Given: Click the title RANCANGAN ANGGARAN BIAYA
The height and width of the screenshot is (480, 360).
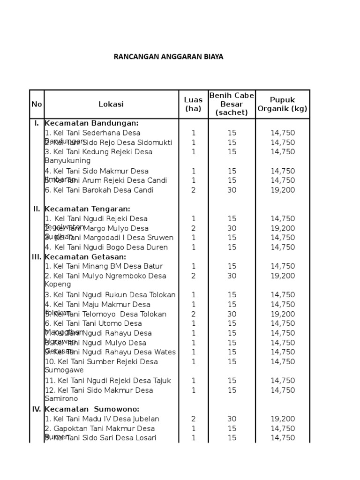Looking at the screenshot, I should click(x=169, y=57).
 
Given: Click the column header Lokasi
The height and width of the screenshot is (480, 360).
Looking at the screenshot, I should click(x=111, y=104).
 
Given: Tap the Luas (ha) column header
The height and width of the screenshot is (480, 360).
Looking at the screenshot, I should click(x=193, y=104).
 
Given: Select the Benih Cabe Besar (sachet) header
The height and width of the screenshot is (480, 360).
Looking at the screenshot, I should click(x=232, y=104).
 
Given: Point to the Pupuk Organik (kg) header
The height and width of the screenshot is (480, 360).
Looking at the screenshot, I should click(x=282, y=104).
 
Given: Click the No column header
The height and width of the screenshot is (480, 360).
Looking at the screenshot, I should click(x=37, y=104).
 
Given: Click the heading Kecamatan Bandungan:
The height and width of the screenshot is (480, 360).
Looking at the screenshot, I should click(x=91, y=123).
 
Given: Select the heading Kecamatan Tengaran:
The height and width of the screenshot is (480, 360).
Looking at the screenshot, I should click(x=87, y=209).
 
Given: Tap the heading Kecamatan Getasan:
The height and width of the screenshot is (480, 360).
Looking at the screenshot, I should click(x=85, y=257).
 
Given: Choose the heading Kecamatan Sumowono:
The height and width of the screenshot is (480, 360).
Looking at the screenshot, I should click(x=92, y=409).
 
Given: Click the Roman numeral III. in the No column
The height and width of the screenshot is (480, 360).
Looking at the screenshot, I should click(x=37, y=257).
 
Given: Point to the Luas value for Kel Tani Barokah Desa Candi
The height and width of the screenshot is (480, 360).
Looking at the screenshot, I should click(x=193, y=190).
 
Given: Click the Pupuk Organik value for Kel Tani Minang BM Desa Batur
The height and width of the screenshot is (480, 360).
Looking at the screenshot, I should click(x=282, y=266).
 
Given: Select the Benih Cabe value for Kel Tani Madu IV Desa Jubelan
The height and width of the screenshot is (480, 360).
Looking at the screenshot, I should click(x=232, y=419).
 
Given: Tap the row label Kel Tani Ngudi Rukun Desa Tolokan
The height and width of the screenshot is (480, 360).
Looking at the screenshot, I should click(x=110, y=295).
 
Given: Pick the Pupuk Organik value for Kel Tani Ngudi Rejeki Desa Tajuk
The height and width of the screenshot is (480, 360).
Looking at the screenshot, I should click(x=282, y=381).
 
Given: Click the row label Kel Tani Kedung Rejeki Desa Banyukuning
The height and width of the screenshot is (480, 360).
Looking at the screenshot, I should click(x=98, y=156).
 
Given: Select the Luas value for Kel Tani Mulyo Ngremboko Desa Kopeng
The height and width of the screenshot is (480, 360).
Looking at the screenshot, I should click(x=193, y=276).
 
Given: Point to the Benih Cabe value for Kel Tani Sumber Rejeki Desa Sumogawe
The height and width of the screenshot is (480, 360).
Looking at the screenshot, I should click(x=232, y=361).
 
